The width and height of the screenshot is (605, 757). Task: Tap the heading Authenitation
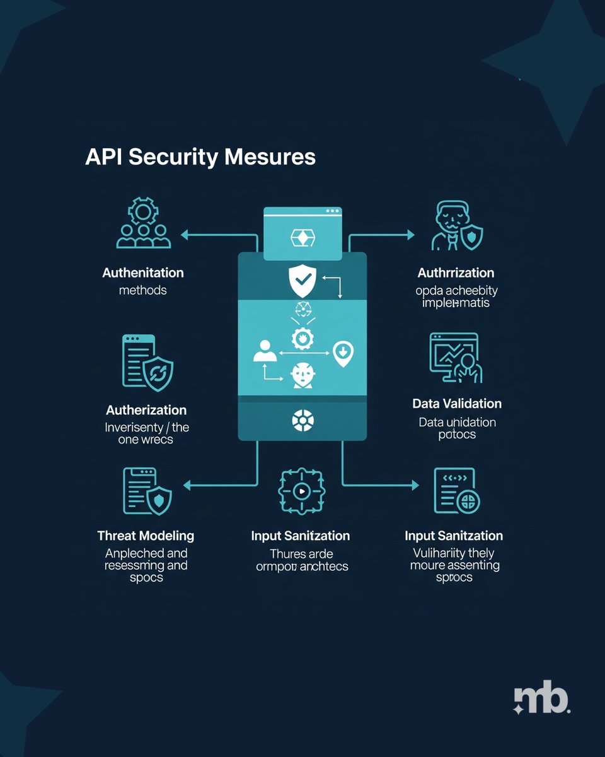coord(143,273)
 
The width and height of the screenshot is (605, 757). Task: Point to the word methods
coord(143,290)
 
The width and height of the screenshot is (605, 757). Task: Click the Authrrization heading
coord(456,273)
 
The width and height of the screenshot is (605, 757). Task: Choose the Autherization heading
coord(146,410)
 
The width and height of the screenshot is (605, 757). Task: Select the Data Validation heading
coord(457,403)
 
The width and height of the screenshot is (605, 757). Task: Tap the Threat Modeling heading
coord(146,536)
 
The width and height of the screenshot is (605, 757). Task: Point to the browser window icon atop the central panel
coord(302,233)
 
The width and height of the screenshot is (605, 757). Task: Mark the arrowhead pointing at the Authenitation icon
coord(185,235)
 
